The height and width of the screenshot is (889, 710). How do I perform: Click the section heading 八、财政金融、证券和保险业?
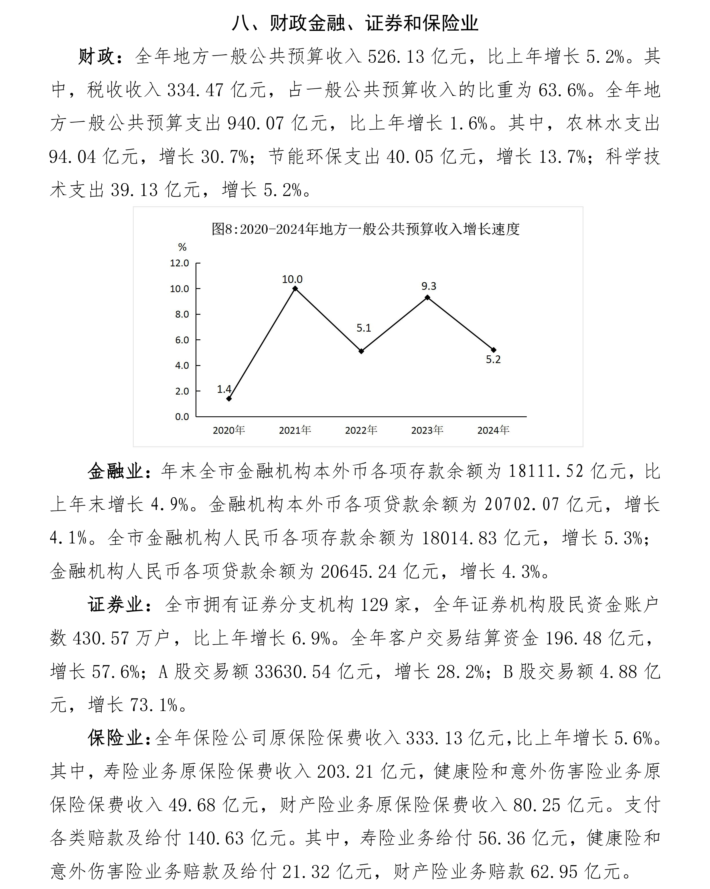(x=355, y=23)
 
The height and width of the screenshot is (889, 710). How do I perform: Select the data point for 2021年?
(x=295, y=289)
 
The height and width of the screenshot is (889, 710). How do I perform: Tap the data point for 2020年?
(x=229, y=399)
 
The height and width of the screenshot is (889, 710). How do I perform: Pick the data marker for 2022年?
(x=361, y=351)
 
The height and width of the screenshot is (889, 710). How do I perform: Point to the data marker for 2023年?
(x=427, y=297)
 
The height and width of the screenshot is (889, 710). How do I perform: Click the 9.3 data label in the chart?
(x=429, y=286)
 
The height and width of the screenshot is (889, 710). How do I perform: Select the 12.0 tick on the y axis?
(x=180, y=263)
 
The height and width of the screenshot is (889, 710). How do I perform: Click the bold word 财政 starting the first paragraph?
(x=96, y=56)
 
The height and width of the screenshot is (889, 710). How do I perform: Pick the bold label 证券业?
(x=115, y=605)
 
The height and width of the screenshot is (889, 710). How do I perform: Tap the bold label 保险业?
(x=115, y=738)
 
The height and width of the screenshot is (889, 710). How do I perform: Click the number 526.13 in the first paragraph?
(x=396, y=56)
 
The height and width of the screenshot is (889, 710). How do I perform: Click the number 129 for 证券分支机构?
(x=374, y=605)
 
